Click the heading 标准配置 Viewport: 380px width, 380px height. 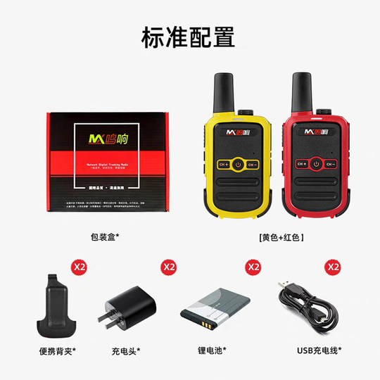[188, 37]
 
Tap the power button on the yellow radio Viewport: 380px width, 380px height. [238, 164]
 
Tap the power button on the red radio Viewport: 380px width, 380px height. [316, 164]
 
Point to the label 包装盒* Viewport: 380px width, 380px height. [105, 237]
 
